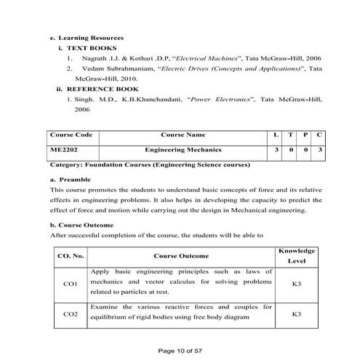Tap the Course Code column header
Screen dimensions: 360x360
(71, 135)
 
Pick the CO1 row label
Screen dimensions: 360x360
(71, 283)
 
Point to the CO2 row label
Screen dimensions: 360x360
(71, 314)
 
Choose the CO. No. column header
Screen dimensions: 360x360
(71, 255)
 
